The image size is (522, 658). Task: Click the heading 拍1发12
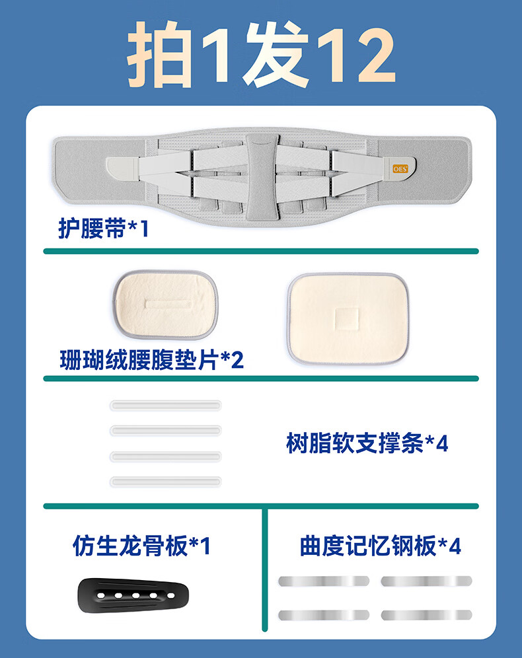point(261,55)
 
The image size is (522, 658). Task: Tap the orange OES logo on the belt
point(400,168)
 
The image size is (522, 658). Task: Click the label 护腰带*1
point(103,229)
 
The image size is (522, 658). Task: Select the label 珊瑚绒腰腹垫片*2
point(151,359)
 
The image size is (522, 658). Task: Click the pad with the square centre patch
point(348,318)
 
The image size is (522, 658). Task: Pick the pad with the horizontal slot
point(166,305)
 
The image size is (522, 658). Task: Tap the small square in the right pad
point(347,318)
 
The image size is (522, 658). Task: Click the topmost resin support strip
point(165,406)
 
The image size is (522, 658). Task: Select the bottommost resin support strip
point(165,482)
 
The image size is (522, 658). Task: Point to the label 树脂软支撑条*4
point(367,443)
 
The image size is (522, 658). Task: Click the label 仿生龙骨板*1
point(141,546)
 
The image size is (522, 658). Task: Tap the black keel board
point(133,595)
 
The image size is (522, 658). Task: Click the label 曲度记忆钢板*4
point(380,546)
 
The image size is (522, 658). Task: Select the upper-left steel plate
point(324,581)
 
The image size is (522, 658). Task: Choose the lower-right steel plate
point(426,615)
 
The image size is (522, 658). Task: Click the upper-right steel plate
point(426,581)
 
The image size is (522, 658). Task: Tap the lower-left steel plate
point(324,615)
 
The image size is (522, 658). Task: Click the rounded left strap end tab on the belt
point(122,169)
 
